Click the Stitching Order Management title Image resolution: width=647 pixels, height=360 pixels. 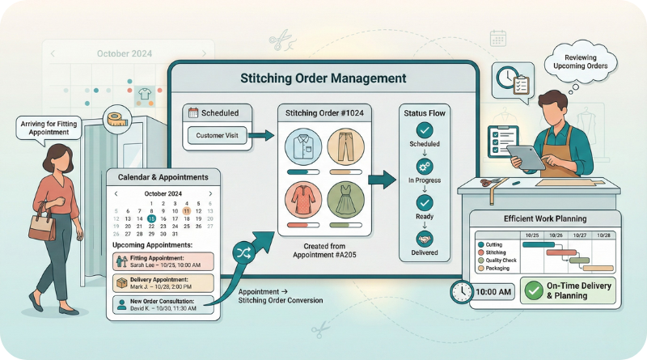[323, 79]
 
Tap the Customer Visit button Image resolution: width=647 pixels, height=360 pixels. [217, 136]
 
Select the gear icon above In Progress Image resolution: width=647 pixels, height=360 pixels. [424, 165]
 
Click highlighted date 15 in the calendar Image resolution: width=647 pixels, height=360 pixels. [152, 218]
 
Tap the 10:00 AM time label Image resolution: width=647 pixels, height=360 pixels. [493, 292]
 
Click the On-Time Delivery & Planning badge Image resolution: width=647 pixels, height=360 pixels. [568, 290]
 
